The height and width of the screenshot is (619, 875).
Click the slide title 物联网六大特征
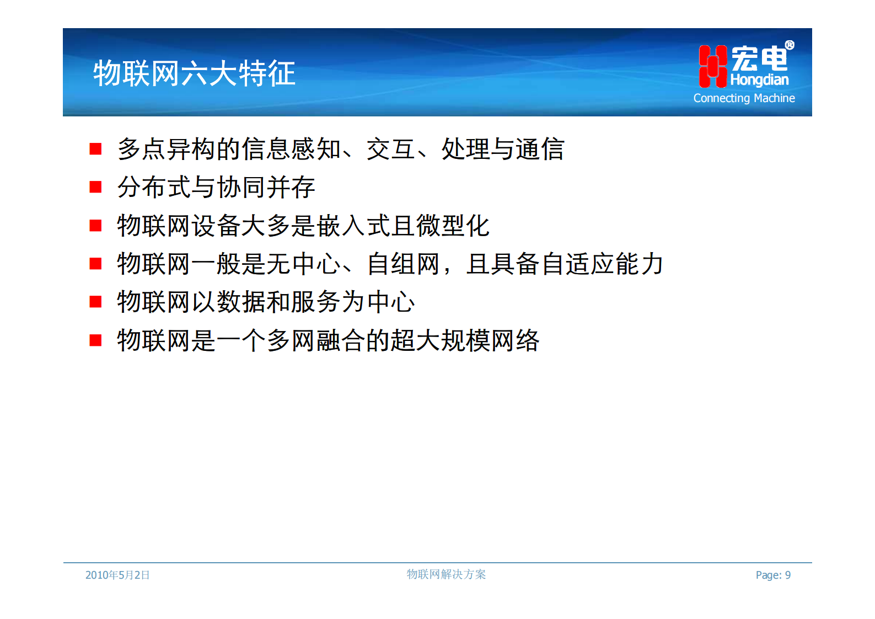pyautogui.click(x=194, y=73)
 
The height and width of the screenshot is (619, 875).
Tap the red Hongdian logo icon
pyautogui.click(x=712, y=66)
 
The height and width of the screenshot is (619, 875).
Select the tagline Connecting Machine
pyautogui.click(x=744, y=98)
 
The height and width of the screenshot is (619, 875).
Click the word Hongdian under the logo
pyautogui.click(x=759, y=80)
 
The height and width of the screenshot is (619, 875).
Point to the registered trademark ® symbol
pyautogui.click(x=790, y=45)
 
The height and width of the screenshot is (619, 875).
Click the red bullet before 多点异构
pyautogui.click(x=95, y=149)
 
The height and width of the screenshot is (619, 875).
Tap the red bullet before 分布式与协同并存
pyautogui.click(x=95, y=187)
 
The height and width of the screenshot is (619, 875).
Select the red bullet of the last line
pyautogui.click(x=95, y=340)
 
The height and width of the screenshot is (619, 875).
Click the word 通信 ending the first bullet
pyautogui.click(x=540, y=149)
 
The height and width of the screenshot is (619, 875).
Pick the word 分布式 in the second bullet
pyautogui.click(x=154, y=187)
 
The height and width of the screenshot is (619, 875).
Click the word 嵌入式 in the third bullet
pyautogui.click(x=353, y=226)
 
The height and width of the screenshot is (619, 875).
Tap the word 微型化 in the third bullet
pyautogui.click(x=453, y=226)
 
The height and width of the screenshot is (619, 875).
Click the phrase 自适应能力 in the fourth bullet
pyautogui.click(x=602, y=264)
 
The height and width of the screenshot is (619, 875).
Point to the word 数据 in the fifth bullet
pyautogui.click(x=241, y=302)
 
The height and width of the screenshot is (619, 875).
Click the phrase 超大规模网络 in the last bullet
pyautogui.click(x=465, y=340)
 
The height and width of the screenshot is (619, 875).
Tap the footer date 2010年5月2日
pyautogui.click(x=117, y=575)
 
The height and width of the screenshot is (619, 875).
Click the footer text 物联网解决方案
pyautogui.click(x=446, y=574)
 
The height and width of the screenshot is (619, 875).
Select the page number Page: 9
pyautogui.click(x=773, y=575)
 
